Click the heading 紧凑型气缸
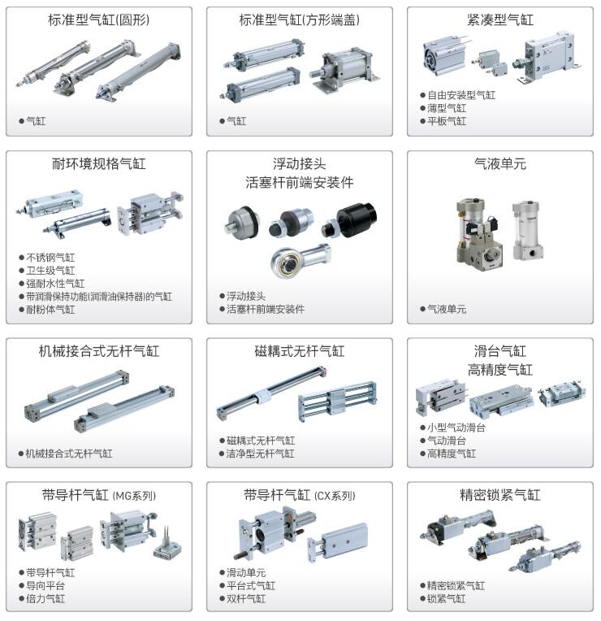pyautogui.click(x=499, y=20)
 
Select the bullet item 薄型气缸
pyautogui.click(x=447, y=108)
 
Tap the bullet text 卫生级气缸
pyautogui.click(x=50, y=271)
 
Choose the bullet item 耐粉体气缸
pyautogui.click(x=50, y=310)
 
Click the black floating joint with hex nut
pyautogui.click(x=350, y=219)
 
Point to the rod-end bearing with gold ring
pyautogui.click(x=300, y=259)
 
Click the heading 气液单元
pyautogui.click(x=499, y=163)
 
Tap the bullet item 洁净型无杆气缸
pyautogui.click(x=261, y=454)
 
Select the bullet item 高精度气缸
pyautogui.click(x=452, y=454)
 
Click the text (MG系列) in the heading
pyautogui.click(x=134, y=496)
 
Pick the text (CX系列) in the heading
pyautogui.click(x=335, y=496)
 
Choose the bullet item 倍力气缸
pyautogui.click(x=45, y=598)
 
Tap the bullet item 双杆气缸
pyautogui.click(x=246, y=598)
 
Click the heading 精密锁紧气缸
pyautogui.click(x=499, y=495)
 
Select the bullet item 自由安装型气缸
pyautogui.click(x=461, y=95)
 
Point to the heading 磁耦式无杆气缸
pyautogui.click(x=300, y=351)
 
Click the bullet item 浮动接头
pyautogui.click(x=246, y=296)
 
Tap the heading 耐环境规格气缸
pyautogui.click(x=99, y=163)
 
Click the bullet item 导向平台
pyautogui.click(x=45, y=585)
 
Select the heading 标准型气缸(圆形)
pyautogui.click(x=99, y=20)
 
